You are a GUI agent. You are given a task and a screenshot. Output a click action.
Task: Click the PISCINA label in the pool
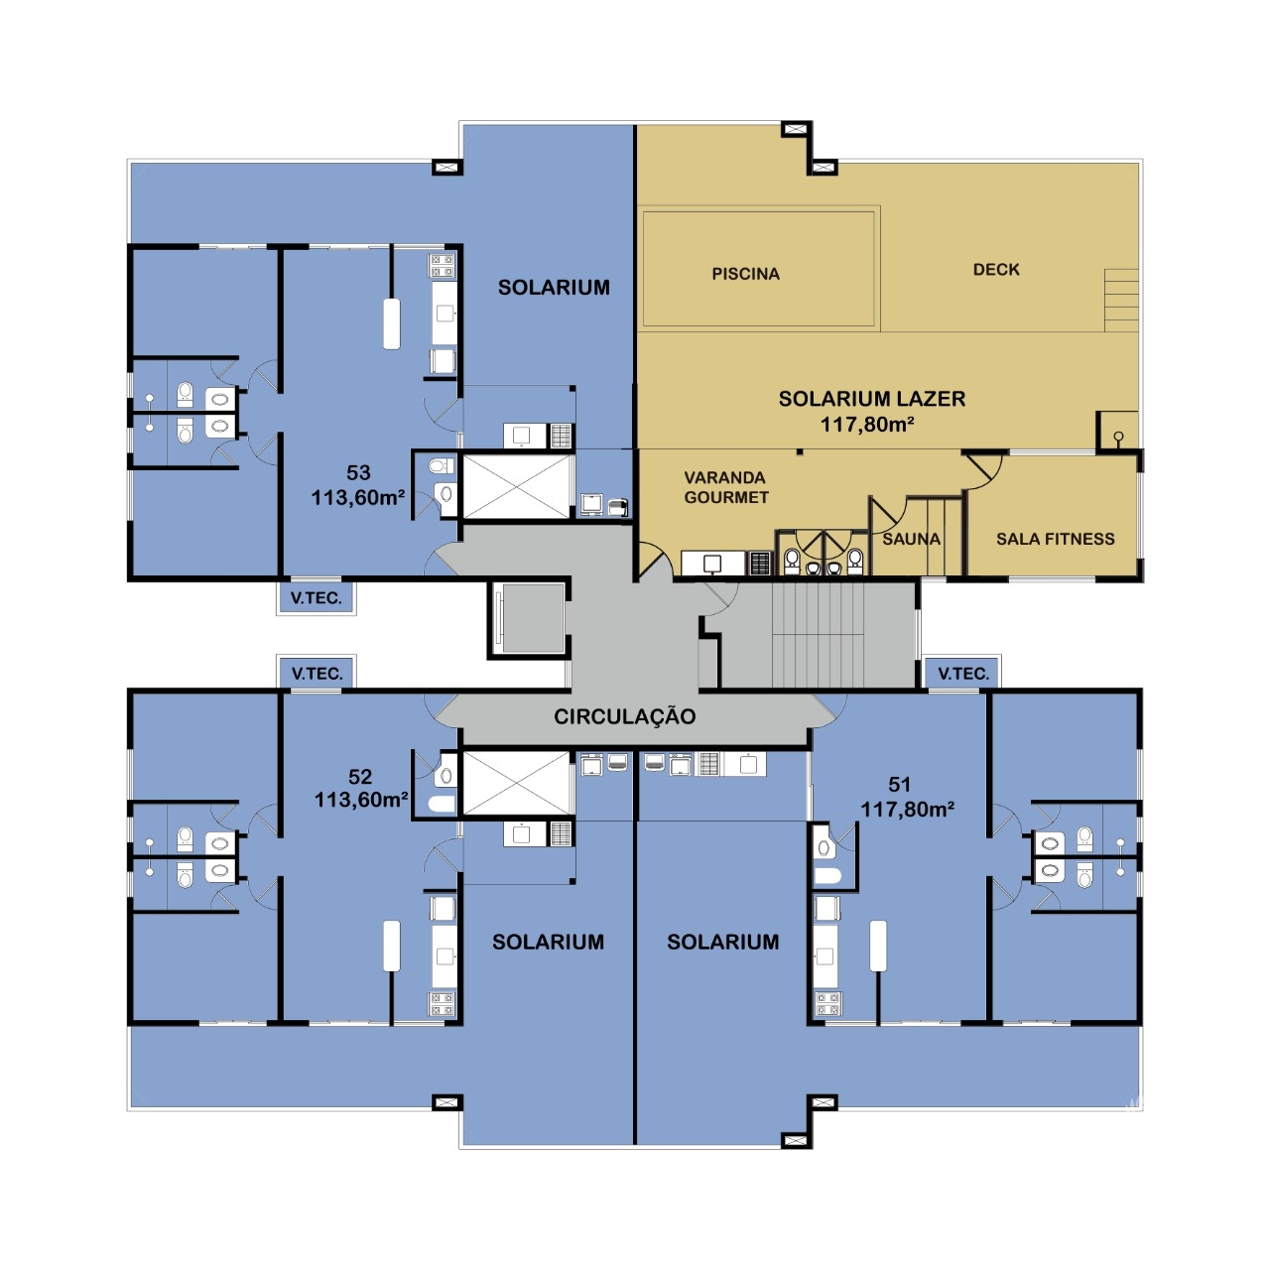tap(745, 274)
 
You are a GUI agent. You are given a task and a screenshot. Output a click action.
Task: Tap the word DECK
tap(996, 269)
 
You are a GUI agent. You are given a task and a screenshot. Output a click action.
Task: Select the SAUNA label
tap(911, 539)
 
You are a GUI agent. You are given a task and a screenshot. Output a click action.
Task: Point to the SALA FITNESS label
tap(1055, 539)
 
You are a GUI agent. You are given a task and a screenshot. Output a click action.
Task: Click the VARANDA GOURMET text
tap(725, 487)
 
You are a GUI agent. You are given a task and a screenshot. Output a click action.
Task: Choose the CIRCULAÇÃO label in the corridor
tap(624, 716)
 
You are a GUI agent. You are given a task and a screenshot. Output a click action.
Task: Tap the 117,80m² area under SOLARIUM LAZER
tap(866, 424)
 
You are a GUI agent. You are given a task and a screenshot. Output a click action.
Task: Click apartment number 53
tap(358, 472)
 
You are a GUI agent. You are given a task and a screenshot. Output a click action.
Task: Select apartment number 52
tap(360, 776)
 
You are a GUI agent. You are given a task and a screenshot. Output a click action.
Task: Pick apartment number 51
tap(899, 784)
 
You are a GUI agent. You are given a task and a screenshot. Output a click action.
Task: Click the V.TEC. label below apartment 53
tap(317, 598)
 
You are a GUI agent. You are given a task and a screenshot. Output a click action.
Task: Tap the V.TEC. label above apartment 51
tap(962, 674)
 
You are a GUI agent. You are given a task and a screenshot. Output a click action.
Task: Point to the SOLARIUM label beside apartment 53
tap(554, 288)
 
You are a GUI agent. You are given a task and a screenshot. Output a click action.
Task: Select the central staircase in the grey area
tap(818, 635)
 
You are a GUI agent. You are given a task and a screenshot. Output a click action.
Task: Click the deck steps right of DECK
tap(1122, 300)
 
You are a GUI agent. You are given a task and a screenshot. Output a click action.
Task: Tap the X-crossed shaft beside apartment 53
tap(517, 486)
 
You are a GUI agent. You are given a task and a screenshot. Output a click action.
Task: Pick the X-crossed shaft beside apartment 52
tap(517, 784)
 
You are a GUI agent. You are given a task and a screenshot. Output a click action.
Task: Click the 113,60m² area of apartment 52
tap(361, 800)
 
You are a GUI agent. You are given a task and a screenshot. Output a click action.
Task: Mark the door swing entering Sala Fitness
tap(983, 470)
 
